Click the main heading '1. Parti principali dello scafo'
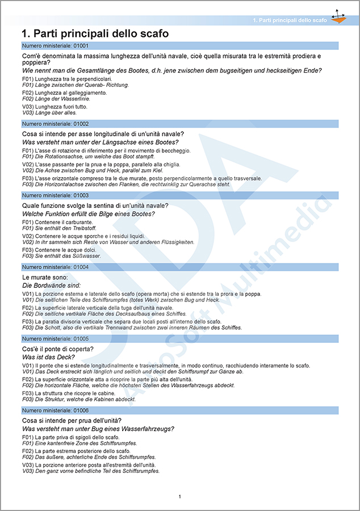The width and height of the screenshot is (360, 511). (94, 33)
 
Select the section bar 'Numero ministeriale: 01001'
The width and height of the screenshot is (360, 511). (179, 45)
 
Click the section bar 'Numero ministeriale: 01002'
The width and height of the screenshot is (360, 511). (179, 123)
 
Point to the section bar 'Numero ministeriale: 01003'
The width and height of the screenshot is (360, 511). (179, 195)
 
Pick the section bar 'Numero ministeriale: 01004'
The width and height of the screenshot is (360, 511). (179, 266)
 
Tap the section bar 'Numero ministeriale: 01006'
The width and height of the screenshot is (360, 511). (179, 409)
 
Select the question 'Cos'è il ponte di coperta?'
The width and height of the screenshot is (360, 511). (57, 349)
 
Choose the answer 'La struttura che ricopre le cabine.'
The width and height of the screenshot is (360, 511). (74, 393)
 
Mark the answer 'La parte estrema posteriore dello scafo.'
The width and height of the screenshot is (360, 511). (82, 451)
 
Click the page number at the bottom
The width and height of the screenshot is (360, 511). (180, 497)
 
